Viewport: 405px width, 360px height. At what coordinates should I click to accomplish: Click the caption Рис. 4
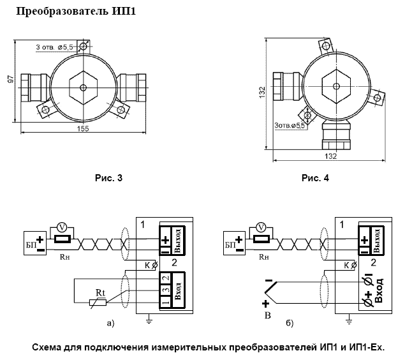pos(314,178)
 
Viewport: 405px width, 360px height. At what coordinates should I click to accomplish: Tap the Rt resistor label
pos(99,293)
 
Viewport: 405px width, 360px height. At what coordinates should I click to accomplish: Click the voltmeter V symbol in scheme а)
pos(61,227)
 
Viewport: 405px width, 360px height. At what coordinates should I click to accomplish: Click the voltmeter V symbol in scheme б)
pos(260,227)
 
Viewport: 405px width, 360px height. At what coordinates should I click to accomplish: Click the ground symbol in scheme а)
pos(148,319)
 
